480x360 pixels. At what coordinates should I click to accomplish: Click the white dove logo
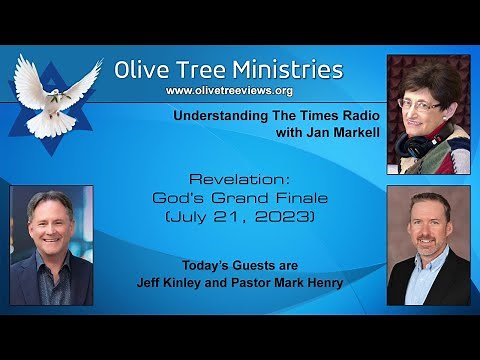(x=58, y=95)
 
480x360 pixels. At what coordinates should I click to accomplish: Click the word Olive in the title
(x=143, y=70)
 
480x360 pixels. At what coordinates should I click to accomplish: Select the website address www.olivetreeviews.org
(x=228, y=92)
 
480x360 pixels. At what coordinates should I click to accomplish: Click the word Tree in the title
(x=200, y=70)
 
